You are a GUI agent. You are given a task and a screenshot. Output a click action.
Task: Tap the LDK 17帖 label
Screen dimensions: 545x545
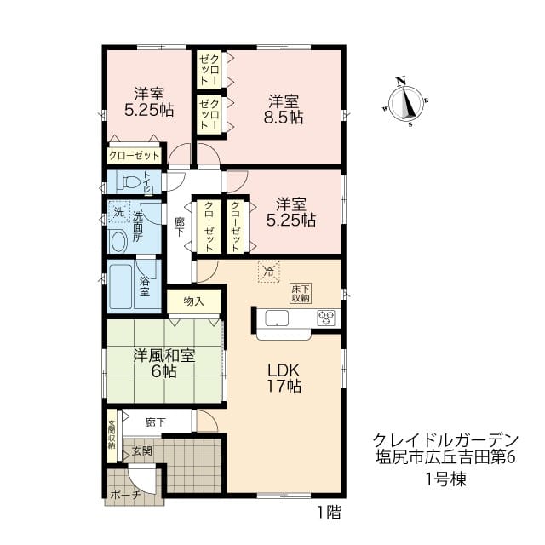pos(284,378)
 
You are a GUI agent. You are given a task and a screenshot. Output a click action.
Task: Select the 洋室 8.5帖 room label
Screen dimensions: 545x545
pos(284,110)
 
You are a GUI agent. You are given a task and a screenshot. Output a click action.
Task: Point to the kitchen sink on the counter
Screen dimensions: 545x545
pos(277,318)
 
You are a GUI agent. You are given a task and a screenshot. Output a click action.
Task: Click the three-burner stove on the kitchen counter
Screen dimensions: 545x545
pos(325,318)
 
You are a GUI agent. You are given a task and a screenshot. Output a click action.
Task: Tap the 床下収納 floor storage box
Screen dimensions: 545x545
pos(301,294)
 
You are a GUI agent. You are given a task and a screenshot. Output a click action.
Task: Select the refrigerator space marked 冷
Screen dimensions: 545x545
pos(269,272)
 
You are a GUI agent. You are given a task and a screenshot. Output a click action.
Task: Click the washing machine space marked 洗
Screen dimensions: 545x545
pos(119,212)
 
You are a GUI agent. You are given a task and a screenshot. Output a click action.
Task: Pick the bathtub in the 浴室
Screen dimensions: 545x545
pos(121,286)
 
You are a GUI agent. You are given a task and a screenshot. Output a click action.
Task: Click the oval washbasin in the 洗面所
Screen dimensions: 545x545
pos(118,242)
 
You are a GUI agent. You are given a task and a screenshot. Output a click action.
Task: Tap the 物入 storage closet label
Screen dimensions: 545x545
pos(194,301)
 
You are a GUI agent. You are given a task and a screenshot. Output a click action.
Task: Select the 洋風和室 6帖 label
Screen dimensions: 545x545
pos(164,364)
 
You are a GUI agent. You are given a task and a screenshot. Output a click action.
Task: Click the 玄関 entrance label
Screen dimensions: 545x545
pos(142,450)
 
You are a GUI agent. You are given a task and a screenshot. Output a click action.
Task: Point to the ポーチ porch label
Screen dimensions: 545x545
pos(125,495)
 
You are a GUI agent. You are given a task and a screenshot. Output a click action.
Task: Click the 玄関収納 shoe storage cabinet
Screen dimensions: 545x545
pos(112,436)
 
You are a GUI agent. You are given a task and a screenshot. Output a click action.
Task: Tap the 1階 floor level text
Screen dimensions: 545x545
pos(330,513)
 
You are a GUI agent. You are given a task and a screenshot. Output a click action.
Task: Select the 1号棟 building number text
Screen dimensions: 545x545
pos(446,480)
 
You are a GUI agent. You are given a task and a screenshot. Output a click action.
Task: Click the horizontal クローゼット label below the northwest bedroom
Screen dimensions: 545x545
pos(134,155)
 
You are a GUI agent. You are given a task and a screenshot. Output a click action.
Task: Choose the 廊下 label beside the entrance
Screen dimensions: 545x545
pos(155,422)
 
